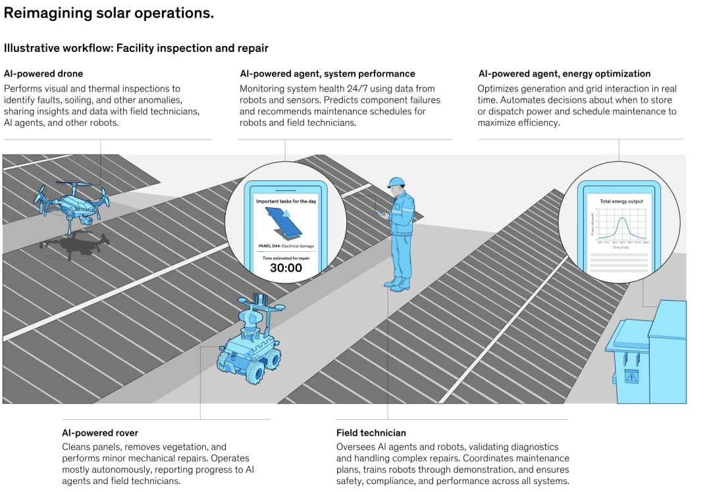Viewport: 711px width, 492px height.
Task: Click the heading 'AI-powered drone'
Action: click(x=43, y=74)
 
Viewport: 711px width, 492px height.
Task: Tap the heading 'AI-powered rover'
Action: click(x=100, y=433)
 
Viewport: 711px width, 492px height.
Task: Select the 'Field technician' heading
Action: click(x=371, y=433)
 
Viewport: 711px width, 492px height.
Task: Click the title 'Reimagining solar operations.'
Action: click(x=109, y=13)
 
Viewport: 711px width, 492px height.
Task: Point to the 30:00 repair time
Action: click(x=286, y=268)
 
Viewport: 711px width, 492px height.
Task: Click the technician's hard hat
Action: click(x=396, y=182)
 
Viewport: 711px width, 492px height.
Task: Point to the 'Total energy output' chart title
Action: click(x=621, y=201)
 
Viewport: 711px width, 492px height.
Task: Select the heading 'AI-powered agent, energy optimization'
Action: click(x=564, y=74)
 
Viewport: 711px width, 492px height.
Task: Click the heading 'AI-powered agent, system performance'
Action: click(x=327, y=74)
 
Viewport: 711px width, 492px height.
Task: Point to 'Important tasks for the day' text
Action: click(x=286, y=201)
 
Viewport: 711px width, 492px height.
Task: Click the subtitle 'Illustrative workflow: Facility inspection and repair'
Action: click(x=136, y=48)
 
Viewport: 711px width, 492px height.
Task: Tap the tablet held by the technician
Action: click(x=381, y=212)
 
